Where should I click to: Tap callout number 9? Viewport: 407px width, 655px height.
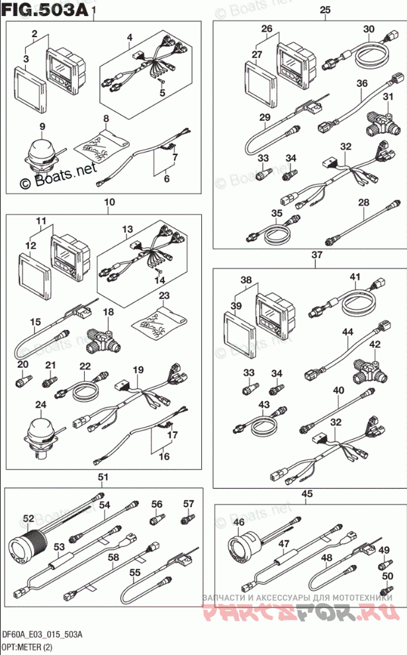pyautogui.click(x=42, y=126)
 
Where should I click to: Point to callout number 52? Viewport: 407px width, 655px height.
pyautogui.click(x=28, y=518)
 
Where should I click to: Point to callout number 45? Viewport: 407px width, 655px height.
pyautogui.click(x=306, y=493)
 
